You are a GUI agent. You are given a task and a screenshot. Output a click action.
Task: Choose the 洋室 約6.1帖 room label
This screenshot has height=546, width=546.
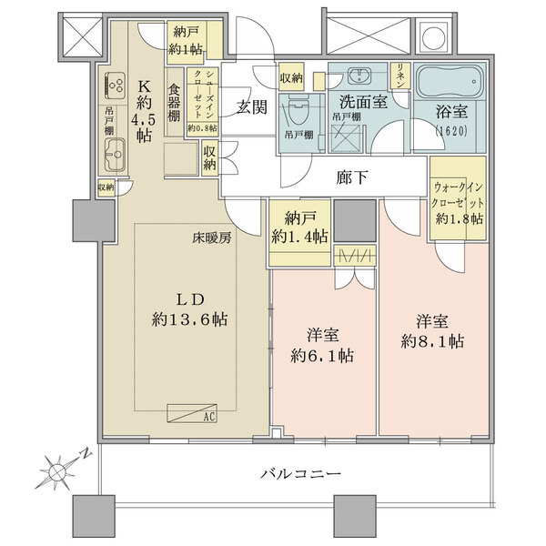coord(325,342)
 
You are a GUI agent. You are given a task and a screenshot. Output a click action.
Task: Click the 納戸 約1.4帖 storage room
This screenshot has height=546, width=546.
coord(299,228)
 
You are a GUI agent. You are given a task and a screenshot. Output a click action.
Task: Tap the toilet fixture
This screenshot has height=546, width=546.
coord(298,114)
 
